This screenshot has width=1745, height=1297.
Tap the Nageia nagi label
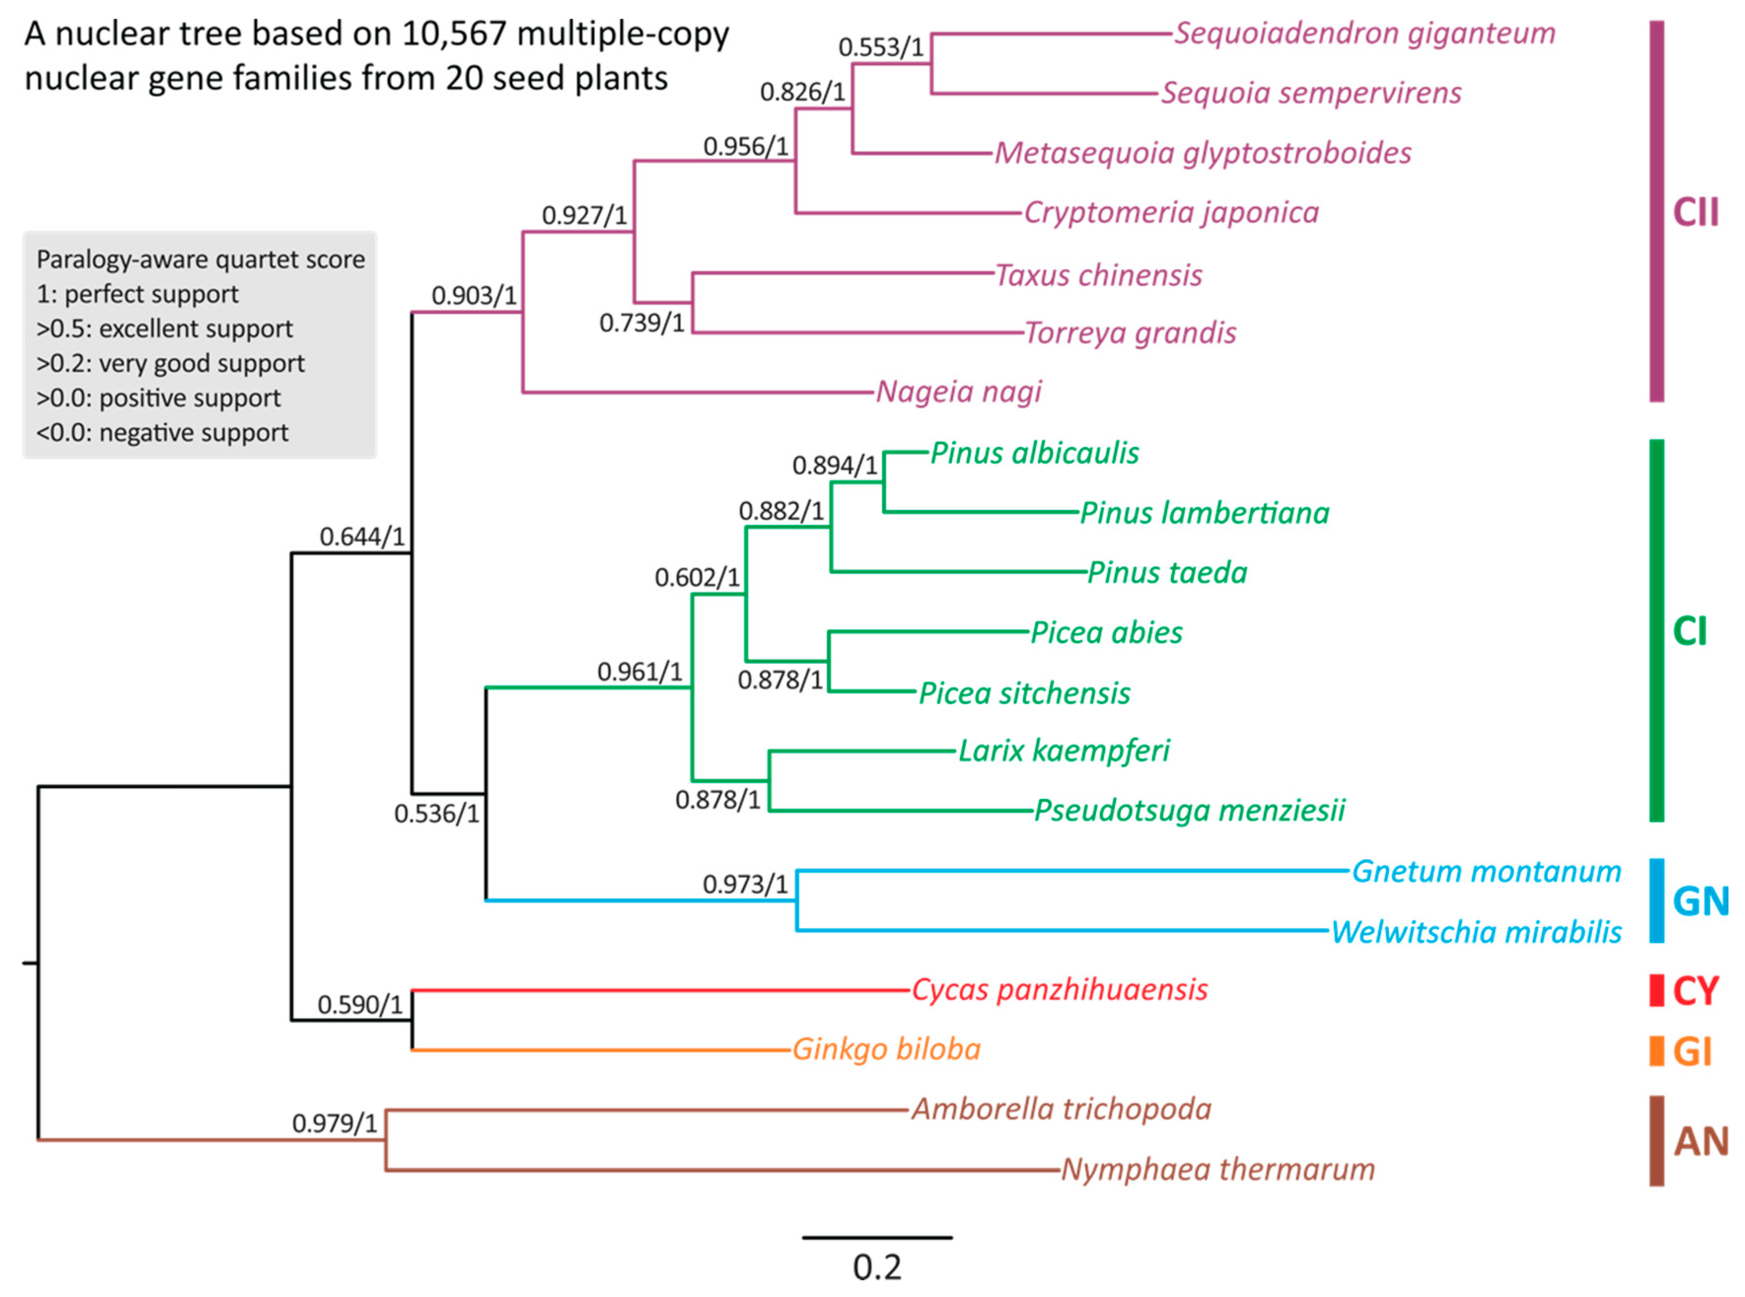tap(959, 391)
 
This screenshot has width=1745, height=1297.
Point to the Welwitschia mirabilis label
tap(1476, 932)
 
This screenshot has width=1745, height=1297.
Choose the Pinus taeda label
tap(1167, 573)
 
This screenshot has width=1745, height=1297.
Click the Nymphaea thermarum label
tap(1217, 1169)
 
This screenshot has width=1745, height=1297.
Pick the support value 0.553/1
tap(880, 47)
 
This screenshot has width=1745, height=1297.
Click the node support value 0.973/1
tap(744, 884)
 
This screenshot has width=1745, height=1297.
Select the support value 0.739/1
tap(641, 323)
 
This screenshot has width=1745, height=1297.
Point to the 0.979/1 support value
tap(334, 1123)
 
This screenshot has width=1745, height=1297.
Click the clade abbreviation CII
tap(1696, 212)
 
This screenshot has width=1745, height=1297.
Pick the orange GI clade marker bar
tap(1656, 1050)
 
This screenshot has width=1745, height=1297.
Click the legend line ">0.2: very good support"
tap(170, 363)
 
